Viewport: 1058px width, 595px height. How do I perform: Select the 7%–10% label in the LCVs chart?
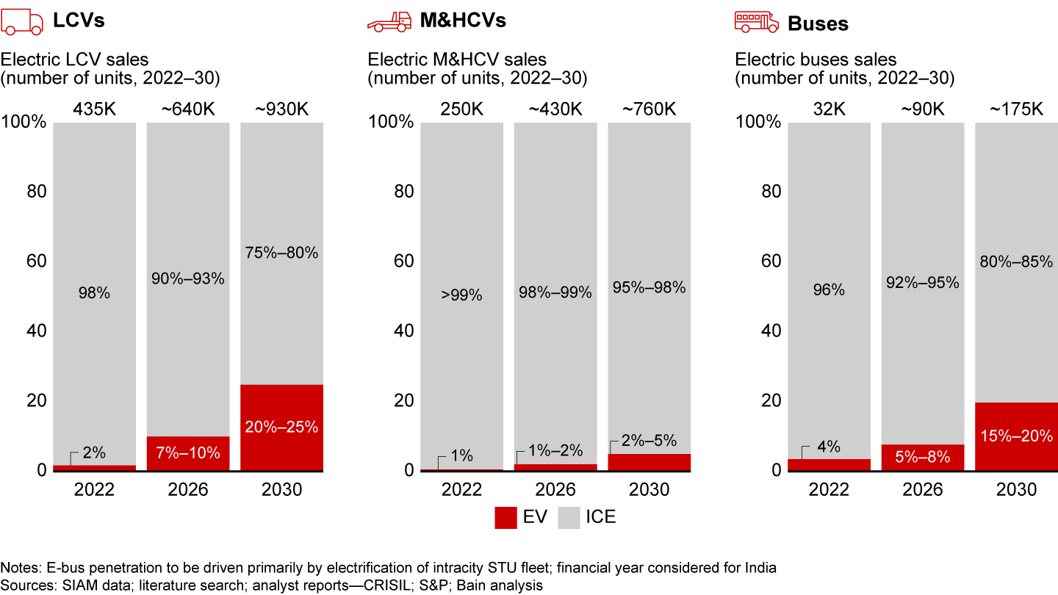click(x=188, y=453)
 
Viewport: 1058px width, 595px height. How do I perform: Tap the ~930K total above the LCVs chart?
click(x=281, y=109)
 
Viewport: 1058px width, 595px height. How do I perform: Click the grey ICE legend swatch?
click(x=570, y=516)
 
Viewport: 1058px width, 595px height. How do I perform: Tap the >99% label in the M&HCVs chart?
click(x=461, y=295)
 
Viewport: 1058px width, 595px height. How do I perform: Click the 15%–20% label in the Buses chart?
click(x=1016, y=435)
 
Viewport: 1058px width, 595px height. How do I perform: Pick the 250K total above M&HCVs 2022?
click(x=461, y=109)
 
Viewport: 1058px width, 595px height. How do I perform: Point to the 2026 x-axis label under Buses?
click(x=923, y=490)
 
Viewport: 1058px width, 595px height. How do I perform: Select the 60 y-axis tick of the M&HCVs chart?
click(x=399, y=262)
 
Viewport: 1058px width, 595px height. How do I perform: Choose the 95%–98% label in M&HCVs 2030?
click(x=649, y=288)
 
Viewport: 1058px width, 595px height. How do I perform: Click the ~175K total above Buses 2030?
click(x=1016, y=109)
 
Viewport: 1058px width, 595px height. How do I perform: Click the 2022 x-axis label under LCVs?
click(x=94, y=490)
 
